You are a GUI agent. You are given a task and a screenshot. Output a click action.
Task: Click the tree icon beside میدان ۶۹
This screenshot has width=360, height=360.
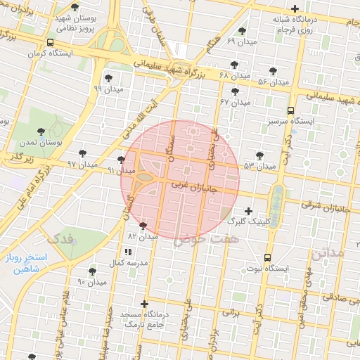point(243,31)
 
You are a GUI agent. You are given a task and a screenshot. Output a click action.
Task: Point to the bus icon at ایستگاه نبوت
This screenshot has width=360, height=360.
point(266,257)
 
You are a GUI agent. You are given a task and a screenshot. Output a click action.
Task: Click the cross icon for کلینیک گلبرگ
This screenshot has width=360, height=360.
point(247,211)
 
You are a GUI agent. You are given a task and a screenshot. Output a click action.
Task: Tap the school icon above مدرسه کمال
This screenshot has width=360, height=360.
point(127,251)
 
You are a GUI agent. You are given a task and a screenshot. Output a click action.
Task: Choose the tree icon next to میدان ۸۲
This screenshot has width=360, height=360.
point(143,226)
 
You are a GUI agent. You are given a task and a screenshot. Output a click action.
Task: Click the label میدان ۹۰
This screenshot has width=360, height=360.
point(92,282)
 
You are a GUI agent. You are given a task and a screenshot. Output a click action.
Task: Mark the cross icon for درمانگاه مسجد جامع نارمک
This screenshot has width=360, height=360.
point(144,304)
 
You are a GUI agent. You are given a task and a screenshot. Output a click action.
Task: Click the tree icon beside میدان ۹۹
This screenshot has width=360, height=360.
point(108,78)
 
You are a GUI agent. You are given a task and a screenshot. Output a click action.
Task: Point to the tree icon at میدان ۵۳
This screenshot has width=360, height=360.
point(260,155)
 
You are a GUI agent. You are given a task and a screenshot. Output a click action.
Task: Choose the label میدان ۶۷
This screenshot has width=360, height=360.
point(235,102)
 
